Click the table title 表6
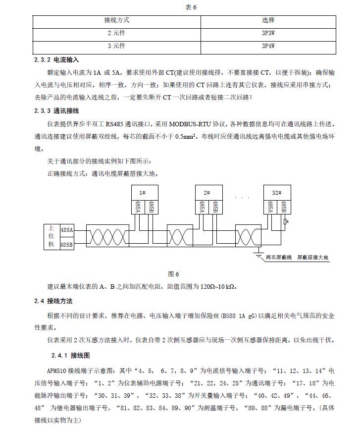(180, 6)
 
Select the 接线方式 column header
(117, 21)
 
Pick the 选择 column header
(268, 21)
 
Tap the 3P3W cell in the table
(268, 34)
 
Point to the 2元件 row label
(117, 34)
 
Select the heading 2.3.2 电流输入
(56, 59)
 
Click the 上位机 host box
(51, 237)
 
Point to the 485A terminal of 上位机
(67, 230)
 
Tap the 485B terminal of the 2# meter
(214, 207)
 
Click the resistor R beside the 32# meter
(285, 222)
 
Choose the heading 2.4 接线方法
(55, 301)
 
